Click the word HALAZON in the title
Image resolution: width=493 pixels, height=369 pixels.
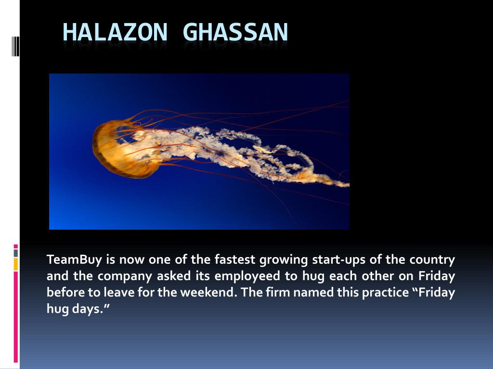115,32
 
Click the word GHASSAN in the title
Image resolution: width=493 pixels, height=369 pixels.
235,32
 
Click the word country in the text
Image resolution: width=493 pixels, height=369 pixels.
432,260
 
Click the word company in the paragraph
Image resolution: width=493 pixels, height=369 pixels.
125,276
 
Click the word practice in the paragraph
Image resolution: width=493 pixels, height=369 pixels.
385,293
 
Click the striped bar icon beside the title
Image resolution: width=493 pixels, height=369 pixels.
16,46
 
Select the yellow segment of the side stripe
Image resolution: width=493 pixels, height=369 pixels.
16,264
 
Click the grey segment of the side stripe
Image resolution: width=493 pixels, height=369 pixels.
16,253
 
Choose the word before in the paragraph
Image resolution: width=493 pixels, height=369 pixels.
65,292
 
